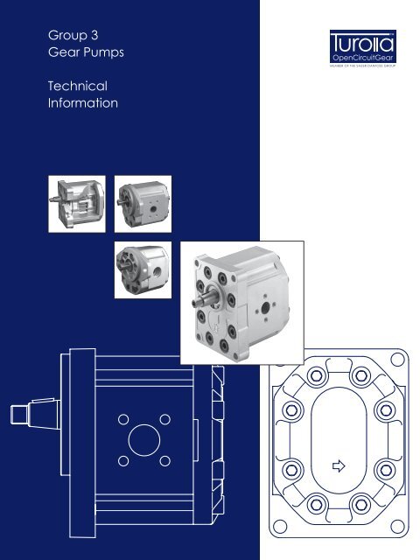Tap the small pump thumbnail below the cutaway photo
(x=143, y=270)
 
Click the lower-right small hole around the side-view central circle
(x=164, y=458)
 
